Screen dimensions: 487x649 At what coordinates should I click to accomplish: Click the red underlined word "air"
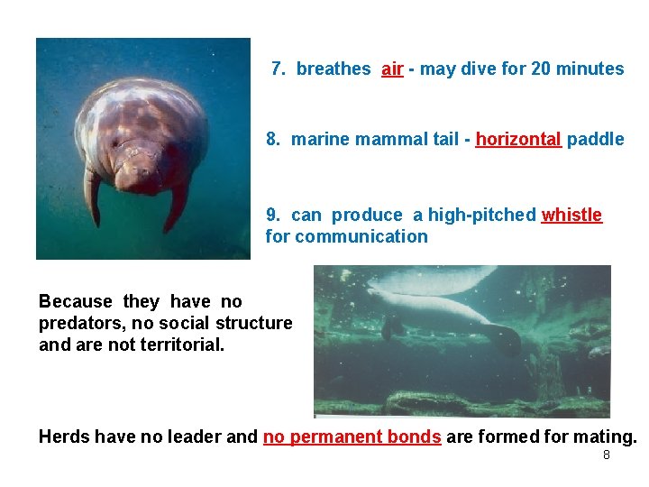[x=392, y=69]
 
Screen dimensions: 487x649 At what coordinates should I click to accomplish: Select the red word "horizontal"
[x=518, y=139]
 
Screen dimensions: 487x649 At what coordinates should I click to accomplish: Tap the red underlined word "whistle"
[x=571, y=215]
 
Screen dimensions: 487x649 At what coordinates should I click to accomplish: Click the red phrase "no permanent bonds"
[x=352, y=436]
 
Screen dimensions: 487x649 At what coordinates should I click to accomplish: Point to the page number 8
[x=606, y=455]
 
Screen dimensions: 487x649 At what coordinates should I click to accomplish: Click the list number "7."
[x=279, y=69]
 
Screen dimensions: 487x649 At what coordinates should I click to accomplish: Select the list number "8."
[x=274, y=139]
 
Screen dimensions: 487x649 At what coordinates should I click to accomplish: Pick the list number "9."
[x=274, y=215]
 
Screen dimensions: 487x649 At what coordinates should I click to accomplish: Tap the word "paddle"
[x=596, y=139]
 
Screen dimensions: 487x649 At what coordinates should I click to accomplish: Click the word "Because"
[x=77, y=301]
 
